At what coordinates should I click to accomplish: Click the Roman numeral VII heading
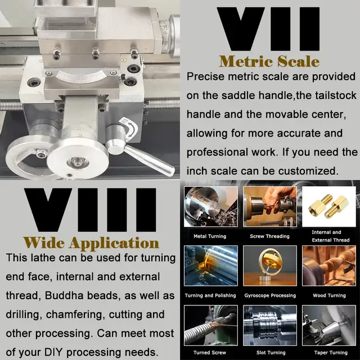coord(268,29)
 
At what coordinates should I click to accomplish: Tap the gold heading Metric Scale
coord(269,61)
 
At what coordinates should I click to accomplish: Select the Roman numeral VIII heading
coord(90,210)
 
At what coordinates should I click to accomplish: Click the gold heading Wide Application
coord(91,242)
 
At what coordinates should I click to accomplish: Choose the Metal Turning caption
coord(210,236)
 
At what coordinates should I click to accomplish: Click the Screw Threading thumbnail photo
coord(270,206)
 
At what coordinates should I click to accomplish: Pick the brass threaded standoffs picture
coord(328,206)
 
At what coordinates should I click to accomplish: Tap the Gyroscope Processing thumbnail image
coord(270,265)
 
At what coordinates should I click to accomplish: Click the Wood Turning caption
coord(329,295)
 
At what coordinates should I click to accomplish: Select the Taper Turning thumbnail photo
coord(328,325)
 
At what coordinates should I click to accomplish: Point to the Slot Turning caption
coord(271,353)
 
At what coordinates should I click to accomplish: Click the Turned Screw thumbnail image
coord(211,325)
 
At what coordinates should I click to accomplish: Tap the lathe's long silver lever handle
coord(149,160)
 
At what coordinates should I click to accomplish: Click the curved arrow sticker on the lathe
coord(129,129)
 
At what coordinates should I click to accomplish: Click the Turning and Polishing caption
coord(210,295)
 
